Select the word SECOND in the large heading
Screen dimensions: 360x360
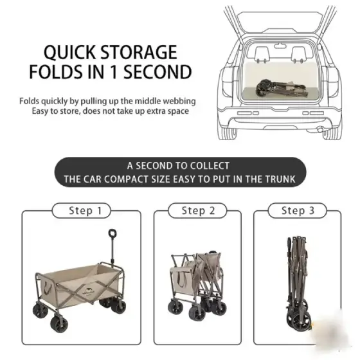(x=157, y=72)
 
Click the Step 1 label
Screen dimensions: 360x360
(x=85, y=211)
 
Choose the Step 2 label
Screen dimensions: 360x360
(x=199, y=211)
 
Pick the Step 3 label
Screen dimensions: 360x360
(x=298, y=211)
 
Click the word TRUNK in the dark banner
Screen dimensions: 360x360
(x=280, y=179)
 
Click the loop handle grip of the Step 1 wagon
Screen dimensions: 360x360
(x=113, y=233)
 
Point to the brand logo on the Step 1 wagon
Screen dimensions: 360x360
(x=89, y=292)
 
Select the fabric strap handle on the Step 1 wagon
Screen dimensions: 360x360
(x=48, y=288)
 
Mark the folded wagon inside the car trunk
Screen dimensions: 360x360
(x=282, y=89)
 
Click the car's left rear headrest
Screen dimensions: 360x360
(x=262, y=55)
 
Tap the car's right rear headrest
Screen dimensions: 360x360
(x=299, y=55)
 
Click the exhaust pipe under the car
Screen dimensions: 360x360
(x=320, y=129)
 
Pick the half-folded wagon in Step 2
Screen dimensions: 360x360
(x=197, y=286)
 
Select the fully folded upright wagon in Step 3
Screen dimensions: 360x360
(x=298, y=283)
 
